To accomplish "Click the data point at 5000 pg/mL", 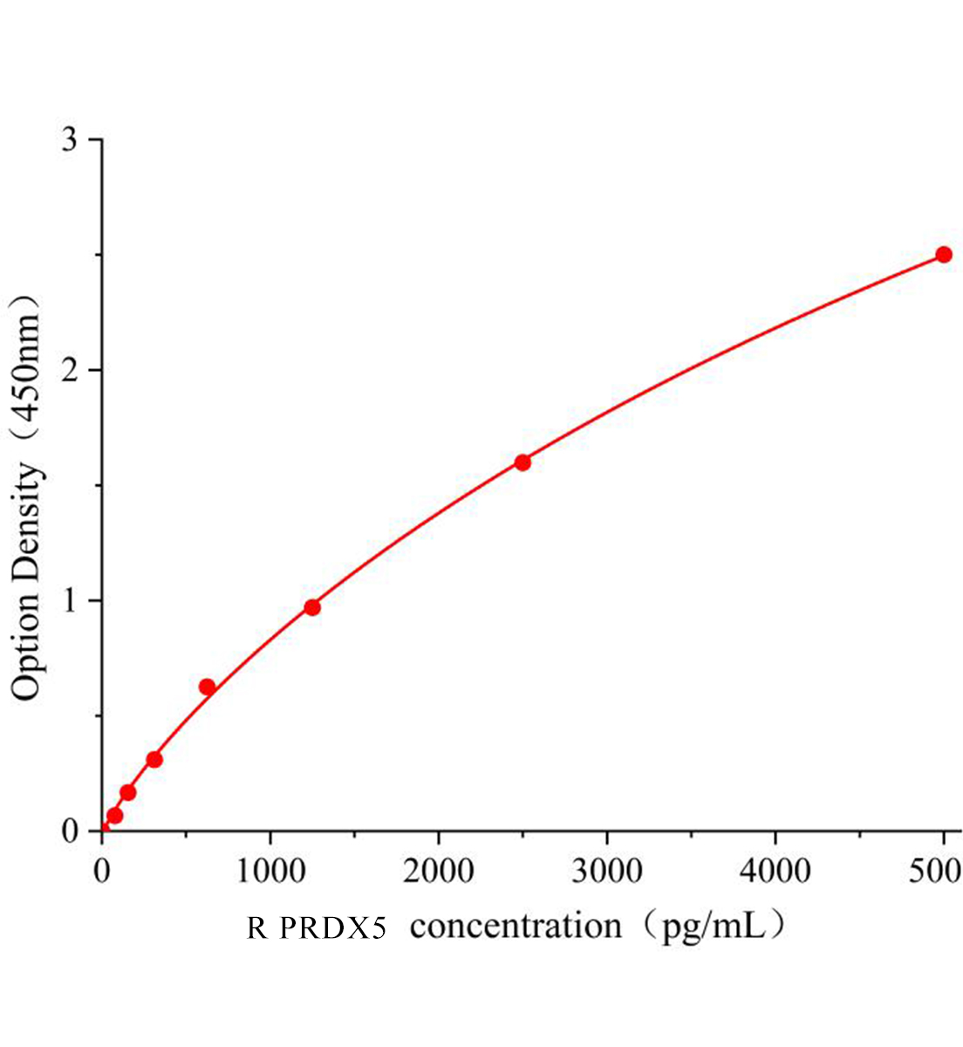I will click(943, 255).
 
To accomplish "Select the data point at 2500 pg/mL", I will click(522, 462).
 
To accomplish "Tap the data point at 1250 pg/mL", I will click(312, 607).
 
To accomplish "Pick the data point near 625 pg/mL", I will click(207, 687).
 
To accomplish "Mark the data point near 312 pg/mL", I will click(154, 759).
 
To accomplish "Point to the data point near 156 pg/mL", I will click(128, 792).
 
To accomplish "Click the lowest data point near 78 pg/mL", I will click(115, 816).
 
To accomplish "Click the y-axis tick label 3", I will click(71, 140).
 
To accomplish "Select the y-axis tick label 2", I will click(71, 371).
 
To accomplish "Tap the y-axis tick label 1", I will click(71, 601).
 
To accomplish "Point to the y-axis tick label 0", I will click(71, 831).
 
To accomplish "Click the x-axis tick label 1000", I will click(270, 871).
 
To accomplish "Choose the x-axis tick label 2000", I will click(439, 871).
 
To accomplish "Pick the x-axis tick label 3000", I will click(607, 871).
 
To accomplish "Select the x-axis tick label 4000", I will click(775, 871).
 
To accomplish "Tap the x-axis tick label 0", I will click(102, 871).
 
